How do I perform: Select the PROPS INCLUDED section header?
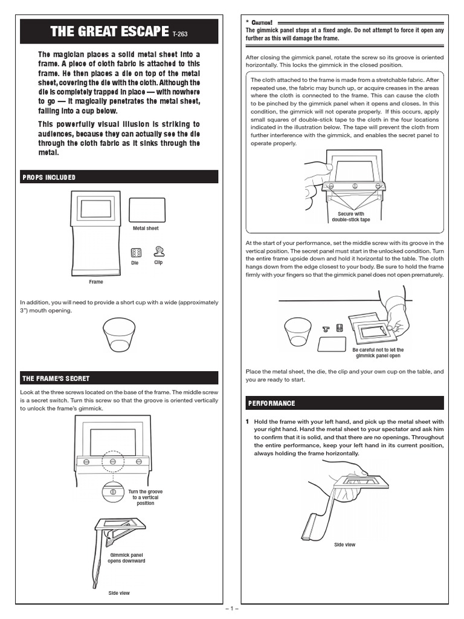click(x=49, y=177)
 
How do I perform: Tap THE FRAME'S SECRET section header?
click(x=56, y=378)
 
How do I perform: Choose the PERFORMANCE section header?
click(x=271, y=403)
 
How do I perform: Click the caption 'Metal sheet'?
click(x=146, y=228)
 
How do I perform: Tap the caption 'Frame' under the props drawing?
click(x=96, y=282)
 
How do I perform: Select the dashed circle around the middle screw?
click(x=113, y=461)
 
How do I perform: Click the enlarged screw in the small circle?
click(x=113, y=491)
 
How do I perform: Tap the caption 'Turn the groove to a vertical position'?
click(x=145, y=497)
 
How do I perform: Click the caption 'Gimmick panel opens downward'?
click(x=126, y=557)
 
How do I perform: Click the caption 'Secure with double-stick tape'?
click(x=351, y=217)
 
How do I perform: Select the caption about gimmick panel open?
click(x=378, y=353)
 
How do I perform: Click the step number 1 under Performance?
click(x=248, y=422)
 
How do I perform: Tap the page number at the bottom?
click(x=232, y=609)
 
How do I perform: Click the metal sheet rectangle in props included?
click(x=148, y=210)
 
